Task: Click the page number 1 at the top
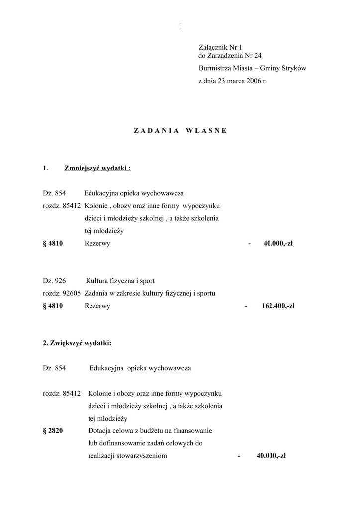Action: [180, 26]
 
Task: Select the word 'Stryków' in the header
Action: [294, 68]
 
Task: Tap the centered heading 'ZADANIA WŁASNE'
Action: [180, 130]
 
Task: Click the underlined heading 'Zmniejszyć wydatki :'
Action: [97, 168]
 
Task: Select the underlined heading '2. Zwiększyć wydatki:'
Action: [77, 343]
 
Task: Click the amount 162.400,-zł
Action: [278, 306]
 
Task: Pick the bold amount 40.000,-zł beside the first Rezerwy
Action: [278, 244]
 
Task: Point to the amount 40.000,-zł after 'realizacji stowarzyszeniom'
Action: [271, 456]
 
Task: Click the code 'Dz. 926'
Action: [54, 281]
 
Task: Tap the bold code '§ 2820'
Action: [53, 430]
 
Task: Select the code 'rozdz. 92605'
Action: [62, 293]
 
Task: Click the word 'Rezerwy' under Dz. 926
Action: [97, 306]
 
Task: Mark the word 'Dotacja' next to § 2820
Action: [99, 430]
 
